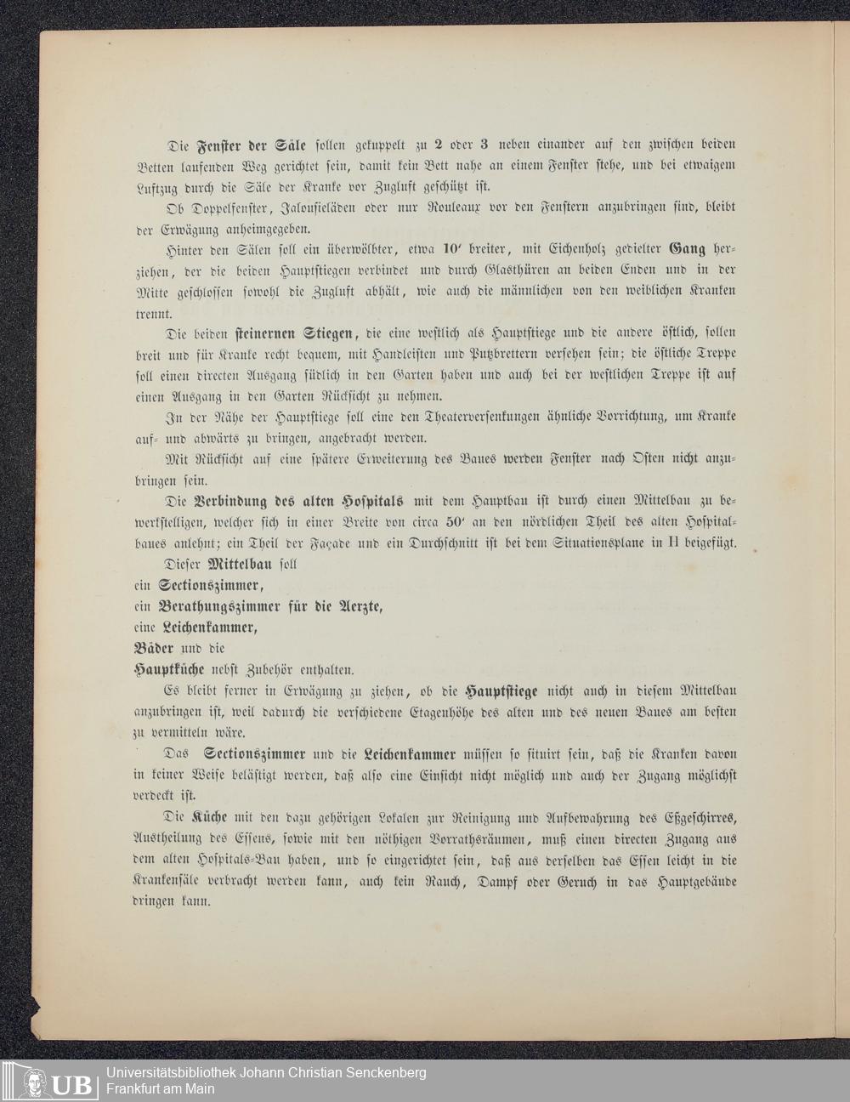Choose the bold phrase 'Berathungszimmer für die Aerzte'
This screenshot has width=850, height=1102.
[x=270, y=607]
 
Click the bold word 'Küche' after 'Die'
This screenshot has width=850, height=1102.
[x=211, y=817]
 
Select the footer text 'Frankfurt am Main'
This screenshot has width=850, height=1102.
[x=160, y=1089]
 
